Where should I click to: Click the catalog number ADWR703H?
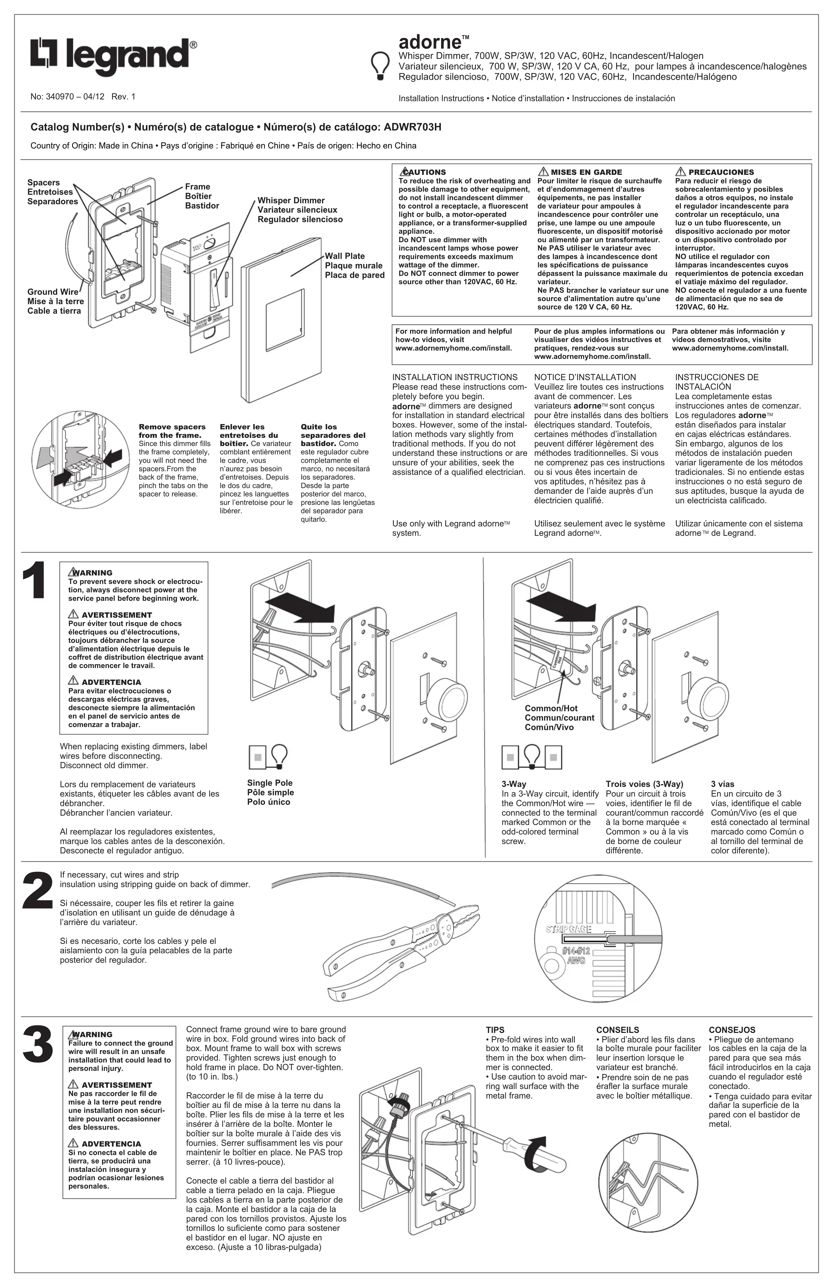click(x=412, y=127)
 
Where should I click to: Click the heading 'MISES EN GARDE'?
click(x=586, y=172)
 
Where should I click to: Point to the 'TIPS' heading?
click(x=495, y=1030)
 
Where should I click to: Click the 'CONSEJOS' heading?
click(x=732, y=1030)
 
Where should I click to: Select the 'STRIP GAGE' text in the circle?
click(x=568, y=929)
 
